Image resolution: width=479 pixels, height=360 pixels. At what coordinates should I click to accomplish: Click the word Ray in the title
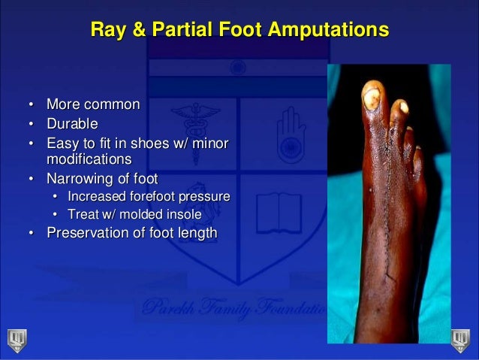(x=106, y=31)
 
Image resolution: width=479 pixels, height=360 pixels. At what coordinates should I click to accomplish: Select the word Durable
(x=72, y=123)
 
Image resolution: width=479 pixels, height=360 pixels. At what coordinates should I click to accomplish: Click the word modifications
(x=89, y=159)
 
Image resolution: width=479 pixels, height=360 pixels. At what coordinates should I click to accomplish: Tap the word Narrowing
(x=80, y=179)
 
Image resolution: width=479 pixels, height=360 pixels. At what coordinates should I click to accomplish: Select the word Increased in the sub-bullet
(x=97, y=197)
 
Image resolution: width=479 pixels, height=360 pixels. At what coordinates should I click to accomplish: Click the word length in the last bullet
(x=197, y=233)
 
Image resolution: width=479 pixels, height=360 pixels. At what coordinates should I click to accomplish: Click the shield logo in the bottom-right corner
(x=460, y=340)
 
